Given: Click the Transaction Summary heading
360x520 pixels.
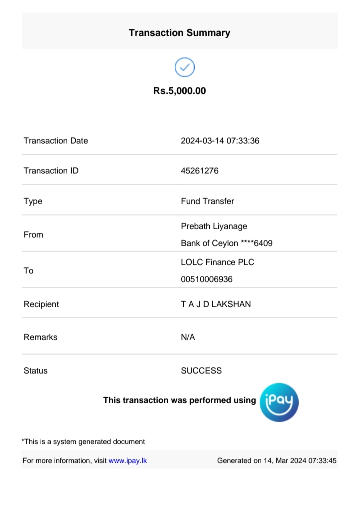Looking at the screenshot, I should pyautogui.click(x=179, y=33).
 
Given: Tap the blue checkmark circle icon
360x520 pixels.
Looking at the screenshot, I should pyautogui.click(x=184, y=67).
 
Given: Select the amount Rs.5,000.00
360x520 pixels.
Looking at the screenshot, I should pyautogui.click(x=179, y=91).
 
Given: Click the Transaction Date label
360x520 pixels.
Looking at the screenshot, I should pyautogui.click(x=56, y=141).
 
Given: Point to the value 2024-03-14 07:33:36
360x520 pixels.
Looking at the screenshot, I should pyautogui.click(x=220, y=141).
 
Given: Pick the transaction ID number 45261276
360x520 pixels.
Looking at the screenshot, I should pyautogui.click(x=199, y=171).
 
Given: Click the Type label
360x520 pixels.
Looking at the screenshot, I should pyautogui.click(x=33, y=201).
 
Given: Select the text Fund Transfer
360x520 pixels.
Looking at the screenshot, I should pyautogui.click(x=207, y=201).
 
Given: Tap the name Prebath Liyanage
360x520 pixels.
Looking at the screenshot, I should pyautogui.click(x=214, y=226).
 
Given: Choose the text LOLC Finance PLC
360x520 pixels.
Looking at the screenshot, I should pyautogui.click(x=217, y=262).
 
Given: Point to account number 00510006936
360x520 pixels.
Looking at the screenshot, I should pyautogui.click(x=207, y=279).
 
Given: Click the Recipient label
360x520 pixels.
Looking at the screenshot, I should pyautogui.click(x=41, y=304).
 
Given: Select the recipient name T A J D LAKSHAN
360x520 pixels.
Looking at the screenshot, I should pyautogui.click(x=216, y=304).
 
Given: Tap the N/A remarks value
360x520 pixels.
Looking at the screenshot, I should pyautogui.click(x=188, y=337).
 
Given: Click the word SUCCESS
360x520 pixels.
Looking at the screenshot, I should pyautogui.click(x=201, y=371).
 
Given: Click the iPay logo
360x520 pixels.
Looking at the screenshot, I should pyautogui.click(x=279, y=402).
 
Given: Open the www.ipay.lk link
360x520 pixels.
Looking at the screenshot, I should pyautogui.click(x=128, y=461).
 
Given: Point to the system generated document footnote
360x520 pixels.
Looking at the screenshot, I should pyautogui.click(x=84, y=442).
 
